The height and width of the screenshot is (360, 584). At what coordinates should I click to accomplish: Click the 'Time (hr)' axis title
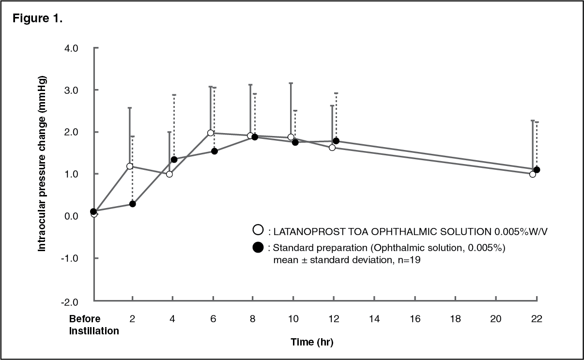point(312,342)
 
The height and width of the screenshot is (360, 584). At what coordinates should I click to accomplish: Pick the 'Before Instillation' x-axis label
point(93,325)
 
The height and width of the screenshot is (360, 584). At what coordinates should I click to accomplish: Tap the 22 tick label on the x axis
point(536,319)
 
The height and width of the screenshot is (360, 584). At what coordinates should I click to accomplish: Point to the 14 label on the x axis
point(373,319)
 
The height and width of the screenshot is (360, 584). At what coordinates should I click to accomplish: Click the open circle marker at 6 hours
point(211,133)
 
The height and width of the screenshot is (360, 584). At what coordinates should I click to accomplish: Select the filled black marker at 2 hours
point(132,204)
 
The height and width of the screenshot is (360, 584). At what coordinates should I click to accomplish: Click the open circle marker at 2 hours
point(129,166)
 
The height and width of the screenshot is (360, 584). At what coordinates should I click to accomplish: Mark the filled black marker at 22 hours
point(537,170)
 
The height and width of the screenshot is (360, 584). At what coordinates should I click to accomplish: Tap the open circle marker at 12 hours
point(332,147)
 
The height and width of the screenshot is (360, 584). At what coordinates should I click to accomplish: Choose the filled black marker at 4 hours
point(174,159)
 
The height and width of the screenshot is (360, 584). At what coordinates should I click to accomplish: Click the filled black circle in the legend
point(258,247)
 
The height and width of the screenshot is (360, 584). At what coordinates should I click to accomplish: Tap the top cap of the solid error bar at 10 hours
point(291,83)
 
